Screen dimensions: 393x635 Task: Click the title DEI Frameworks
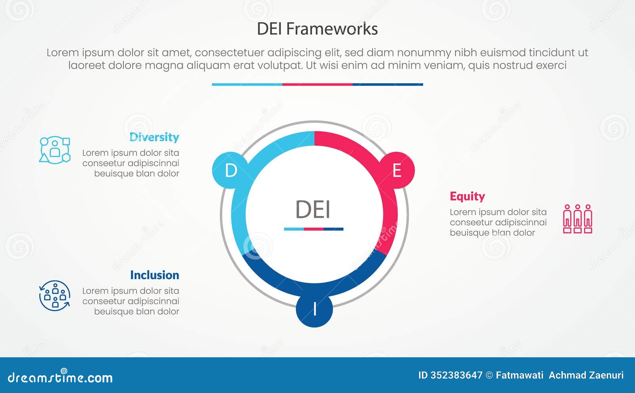pos(317,29)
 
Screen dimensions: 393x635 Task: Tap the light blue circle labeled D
pos(231,170)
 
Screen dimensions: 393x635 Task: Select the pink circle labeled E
pos(396,170)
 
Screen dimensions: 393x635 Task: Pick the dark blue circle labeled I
pos(314,309)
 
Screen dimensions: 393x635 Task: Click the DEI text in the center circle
pos(313,209)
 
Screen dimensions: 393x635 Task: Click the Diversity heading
pos(154,137)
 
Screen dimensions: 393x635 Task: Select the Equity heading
pos(467,196)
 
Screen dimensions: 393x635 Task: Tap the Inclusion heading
pos(154,275)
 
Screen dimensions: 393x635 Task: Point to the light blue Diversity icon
pos(55,150)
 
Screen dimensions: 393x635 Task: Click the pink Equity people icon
pos(577,219)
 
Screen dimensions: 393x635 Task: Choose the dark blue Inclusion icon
pos(55,296)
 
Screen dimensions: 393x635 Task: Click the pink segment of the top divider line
pos(317,85)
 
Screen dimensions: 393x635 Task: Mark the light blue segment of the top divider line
pos(247,85)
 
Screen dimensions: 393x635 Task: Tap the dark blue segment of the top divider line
pos(388,85)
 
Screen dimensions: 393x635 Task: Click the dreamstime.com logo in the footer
pos(60,377)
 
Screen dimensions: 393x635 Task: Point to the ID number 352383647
pos(456,375)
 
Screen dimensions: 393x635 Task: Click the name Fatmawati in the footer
pos(520,375)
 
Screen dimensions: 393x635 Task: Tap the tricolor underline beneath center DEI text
pos(314,229)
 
